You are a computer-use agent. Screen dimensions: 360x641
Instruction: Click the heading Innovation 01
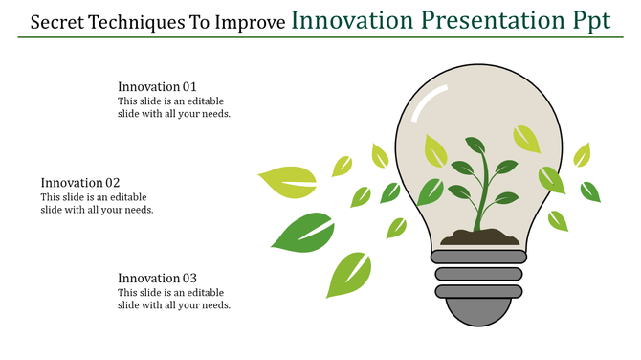click(157, 86)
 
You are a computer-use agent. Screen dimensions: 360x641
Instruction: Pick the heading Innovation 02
click(80, 182)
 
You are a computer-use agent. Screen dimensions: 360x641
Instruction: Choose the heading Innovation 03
click(157, 278)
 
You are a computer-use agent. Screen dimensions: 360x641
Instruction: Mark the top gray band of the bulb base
click(478, 257)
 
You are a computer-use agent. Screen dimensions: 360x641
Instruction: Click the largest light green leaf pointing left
click(287, 181)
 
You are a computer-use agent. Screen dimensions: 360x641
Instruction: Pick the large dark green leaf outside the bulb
click(303, 232)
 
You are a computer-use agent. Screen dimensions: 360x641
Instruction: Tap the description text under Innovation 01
click(174, 107)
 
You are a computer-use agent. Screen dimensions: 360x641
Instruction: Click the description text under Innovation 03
click(174, 299)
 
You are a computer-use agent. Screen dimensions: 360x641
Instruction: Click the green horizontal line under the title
click(320, 38)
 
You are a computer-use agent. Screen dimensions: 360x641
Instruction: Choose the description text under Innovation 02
click(97, 203)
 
